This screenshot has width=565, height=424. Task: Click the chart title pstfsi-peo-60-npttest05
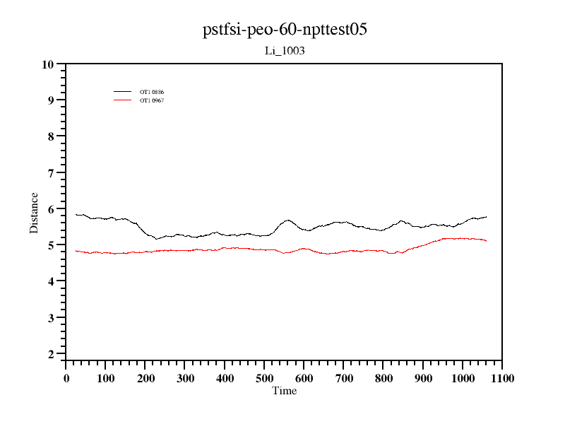285,30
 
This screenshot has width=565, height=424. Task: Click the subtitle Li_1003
285,51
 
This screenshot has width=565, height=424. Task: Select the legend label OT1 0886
152,92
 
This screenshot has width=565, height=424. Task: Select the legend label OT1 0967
152,100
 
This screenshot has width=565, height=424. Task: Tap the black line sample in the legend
123,92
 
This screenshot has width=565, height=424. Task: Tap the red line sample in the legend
123,100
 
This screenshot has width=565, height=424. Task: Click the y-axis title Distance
34,212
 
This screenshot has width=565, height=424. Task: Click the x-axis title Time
285,391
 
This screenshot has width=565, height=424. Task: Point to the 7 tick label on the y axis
50,173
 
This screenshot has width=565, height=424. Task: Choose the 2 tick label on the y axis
50,354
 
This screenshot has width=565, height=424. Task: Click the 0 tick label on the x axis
66,378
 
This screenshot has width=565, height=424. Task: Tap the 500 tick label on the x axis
264,378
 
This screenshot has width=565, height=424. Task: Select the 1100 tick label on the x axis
501,378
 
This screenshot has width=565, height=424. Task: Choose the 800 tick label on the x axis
383,378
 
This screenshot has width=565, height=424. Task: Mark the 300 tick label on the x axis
185,378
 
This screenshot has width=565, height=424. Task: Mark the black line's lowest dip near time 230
157,239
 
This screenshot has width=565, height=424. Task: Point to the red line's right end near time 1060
486,241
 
